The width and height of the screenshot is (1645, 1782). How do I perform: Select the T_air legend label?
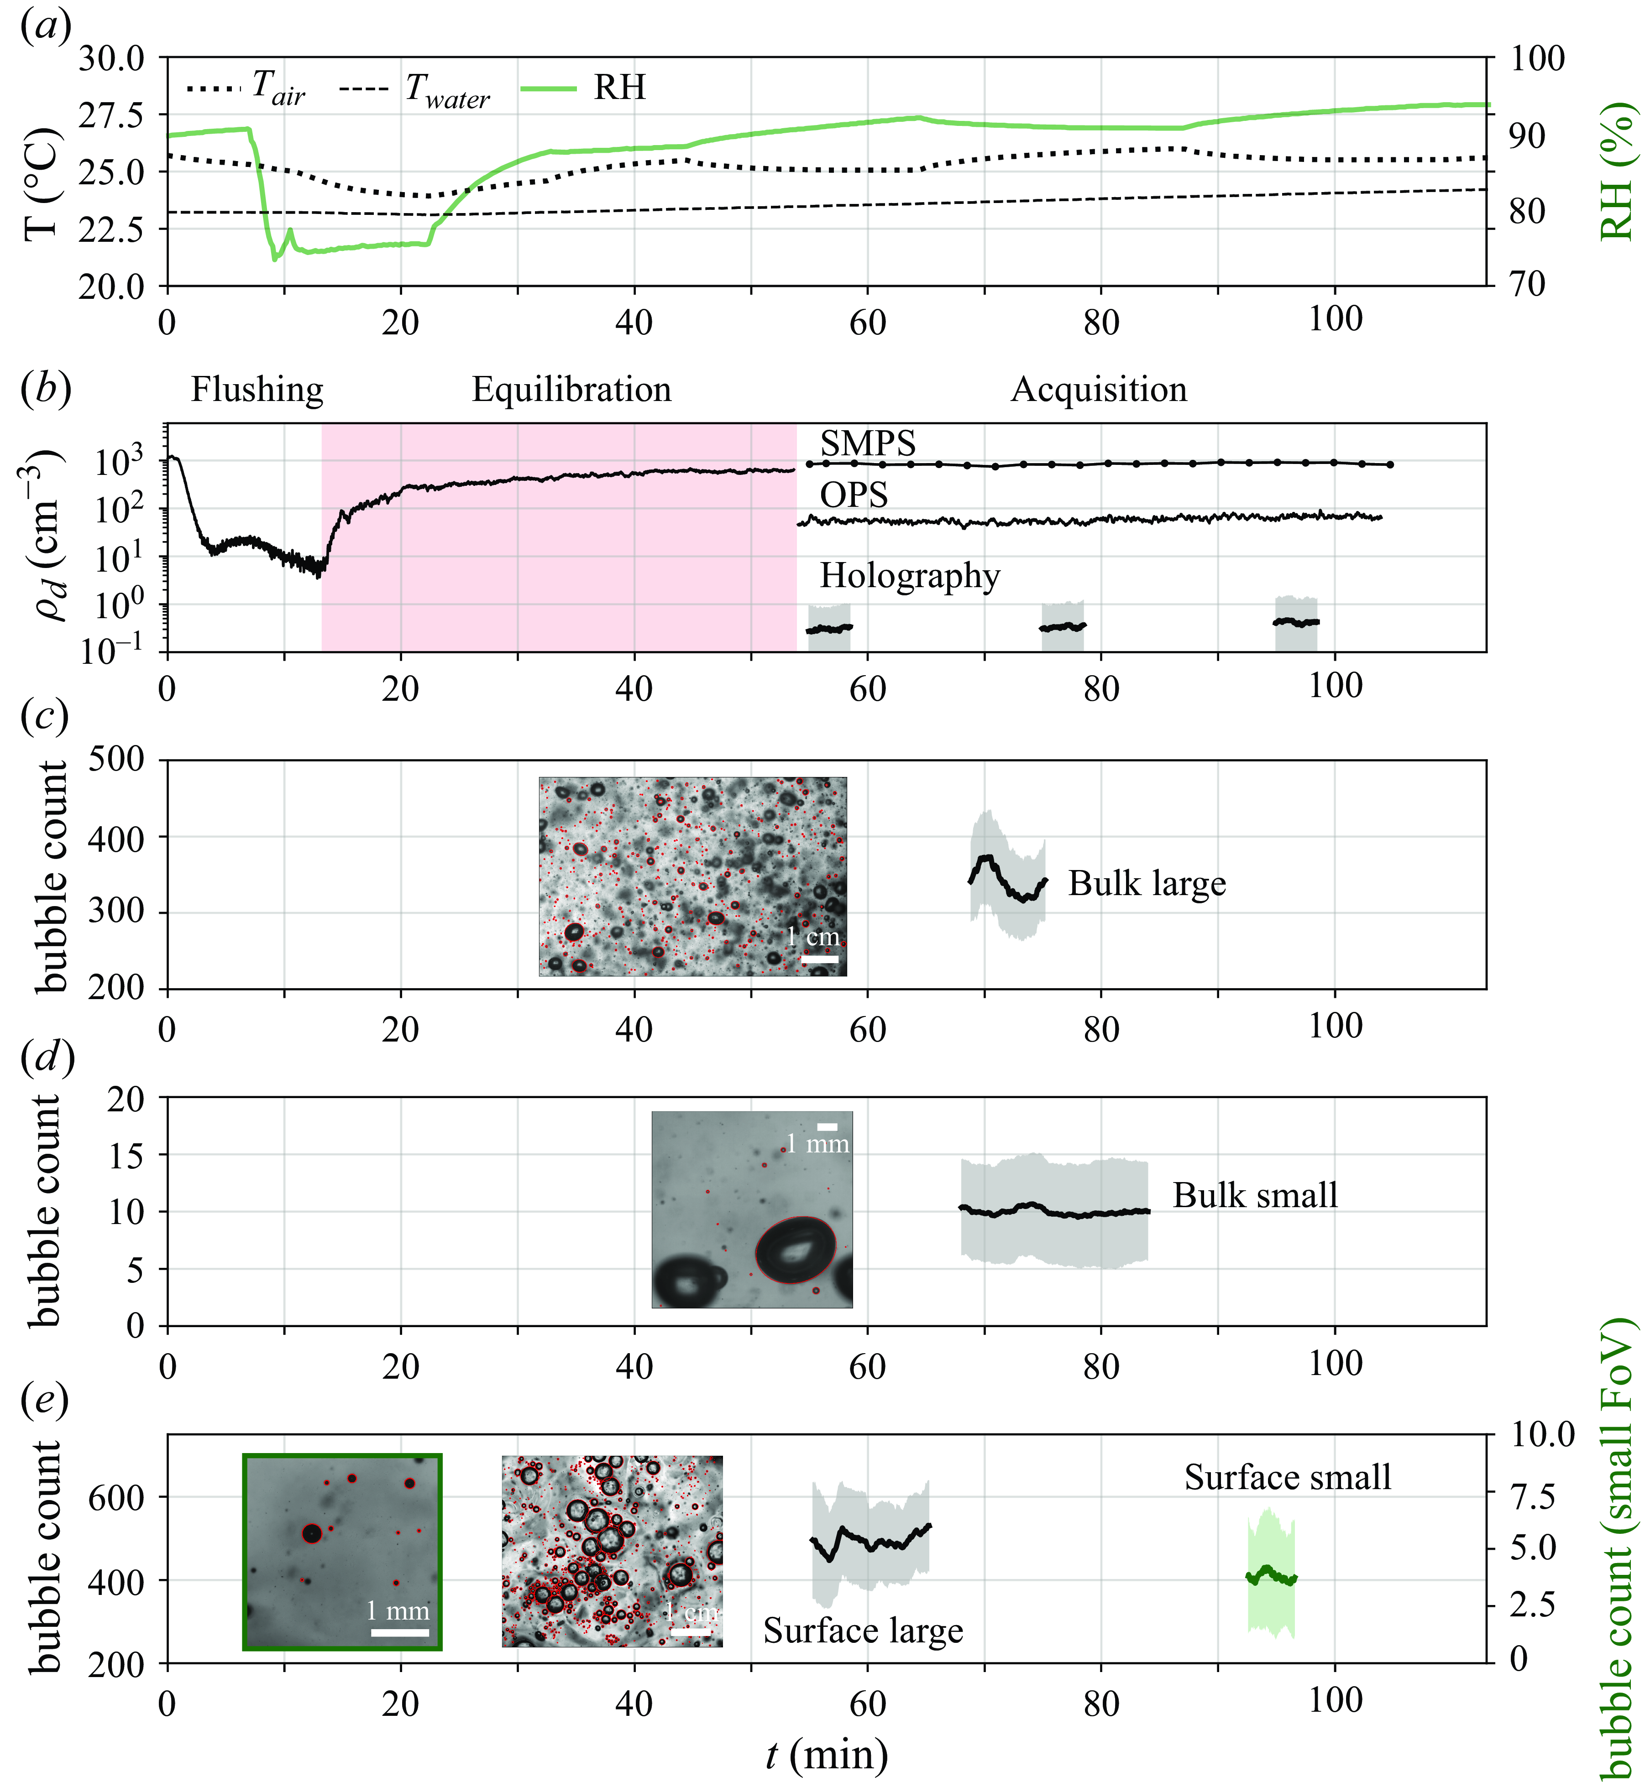click(278, 89)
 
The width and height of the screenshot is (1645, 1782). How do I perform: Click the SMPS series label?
click(868, 443)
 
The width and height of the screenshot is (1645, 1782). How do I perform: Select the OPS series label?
click(854, 495)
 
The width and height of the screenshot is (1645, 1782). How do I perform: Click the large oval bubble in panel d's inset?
click(795, 1250)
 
